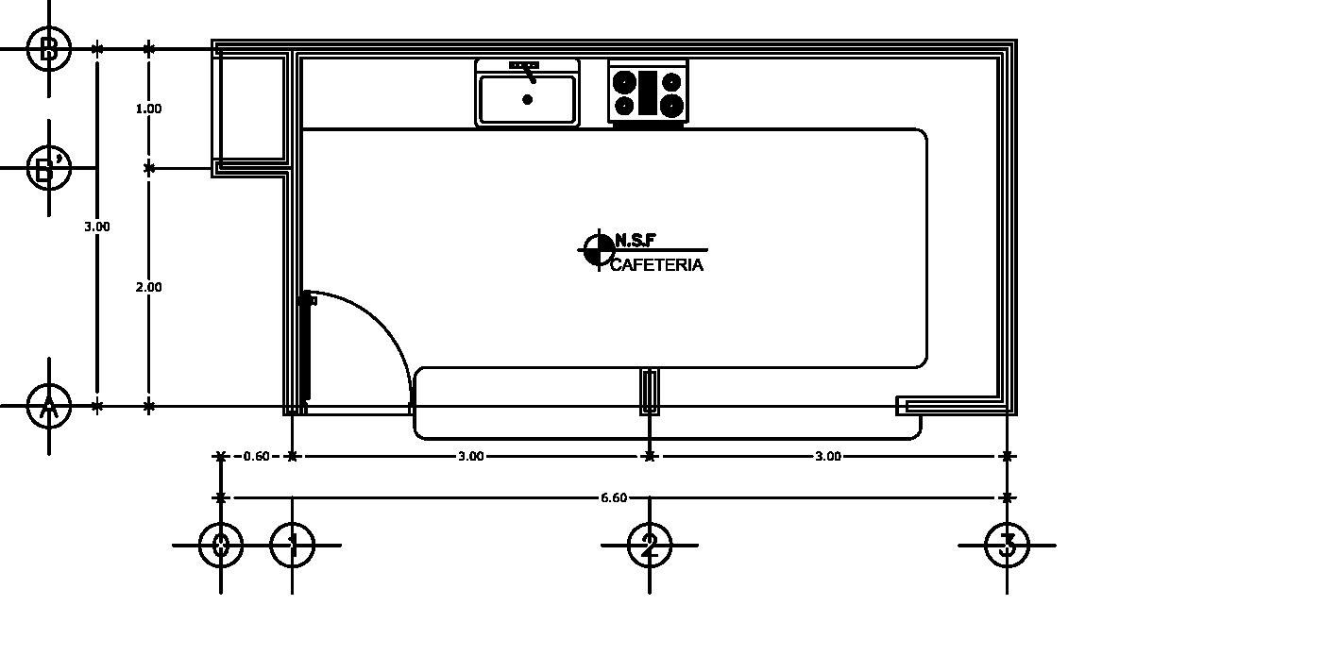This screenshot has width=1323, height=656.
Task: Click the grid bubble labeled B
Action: (49, 48)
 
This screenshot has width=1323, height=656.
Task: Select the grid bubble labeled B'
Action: (49, 168)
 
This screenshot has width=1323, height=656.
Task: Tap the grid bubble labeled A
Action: (49, 407)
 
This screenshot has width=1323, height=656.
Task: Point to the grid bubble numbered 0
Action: (221, 545)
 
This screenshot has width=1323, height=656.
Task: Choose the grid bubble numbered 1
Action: (292, 545)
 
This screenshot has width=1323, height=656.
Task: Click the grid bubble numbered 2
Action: (650, 545)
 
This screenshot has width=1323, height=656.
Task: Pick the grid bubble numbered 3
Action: (1007, 545)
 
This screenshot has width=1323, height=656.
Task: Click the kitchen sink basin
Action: (527, 99)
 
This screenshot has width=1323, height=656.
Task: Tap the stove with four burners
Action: (648, 93)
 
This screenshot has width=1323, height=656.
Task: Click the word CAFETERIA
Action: (656, 265)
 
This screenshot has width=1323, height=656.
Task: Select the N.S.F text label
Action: (635, 240)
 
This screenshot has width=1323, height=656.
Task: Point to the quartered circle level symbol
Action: (599, 250)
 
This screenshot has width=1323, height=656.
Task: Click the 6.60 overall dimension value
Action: (614, 497)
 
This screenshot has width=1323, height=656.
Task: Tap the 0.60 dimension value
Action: (256, 456)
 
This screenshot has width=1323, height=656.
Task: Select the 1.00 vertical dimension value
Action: (148, 109)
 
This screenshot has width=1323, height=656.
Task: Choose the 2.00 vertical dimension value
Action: (148, 287)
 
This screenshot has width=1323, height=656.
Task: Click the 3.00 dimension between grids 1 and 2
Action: (470, 456)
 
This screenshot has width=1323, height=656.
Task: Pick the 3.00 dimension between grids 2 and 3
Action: (827, 456)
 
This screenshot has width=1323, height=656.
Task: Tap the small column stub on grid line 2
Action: (650, 392)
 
